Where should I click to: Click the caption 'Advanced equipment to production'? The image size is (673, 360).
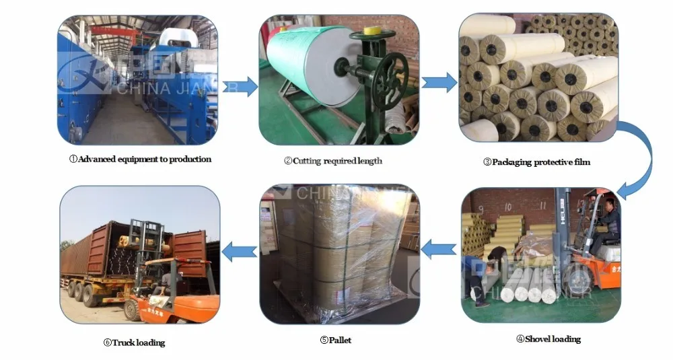[x=145, y=159]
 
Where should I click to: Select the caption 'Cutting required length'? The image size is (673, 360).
[x=332, y=161]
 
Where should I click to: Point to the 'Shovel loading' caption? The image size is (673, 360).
[x=548, y=338]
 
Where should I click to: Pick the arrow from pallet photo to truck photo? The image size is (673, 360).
[x=240, y=252]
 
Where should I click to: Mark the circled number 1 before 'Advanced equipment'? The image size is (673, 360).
[x=74, y=159]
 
